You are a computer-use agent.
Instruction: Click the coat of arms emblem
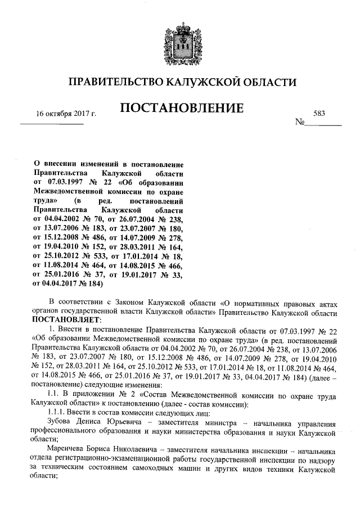180,42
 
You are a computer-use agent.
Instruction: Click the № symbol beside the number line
300,122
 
